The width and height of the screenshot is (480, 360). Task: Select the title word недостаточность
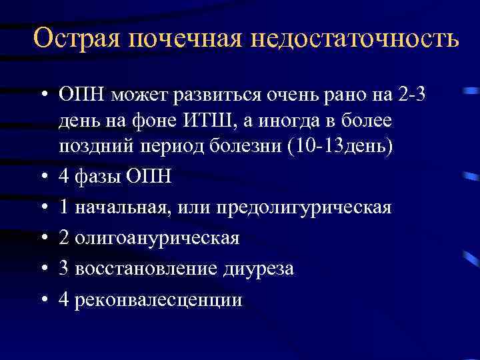[355, 39]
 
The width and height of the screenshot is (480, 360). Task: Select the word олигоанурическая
[157, 238]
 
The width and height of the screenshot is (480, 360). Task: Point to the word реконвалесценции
[159, 299]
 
